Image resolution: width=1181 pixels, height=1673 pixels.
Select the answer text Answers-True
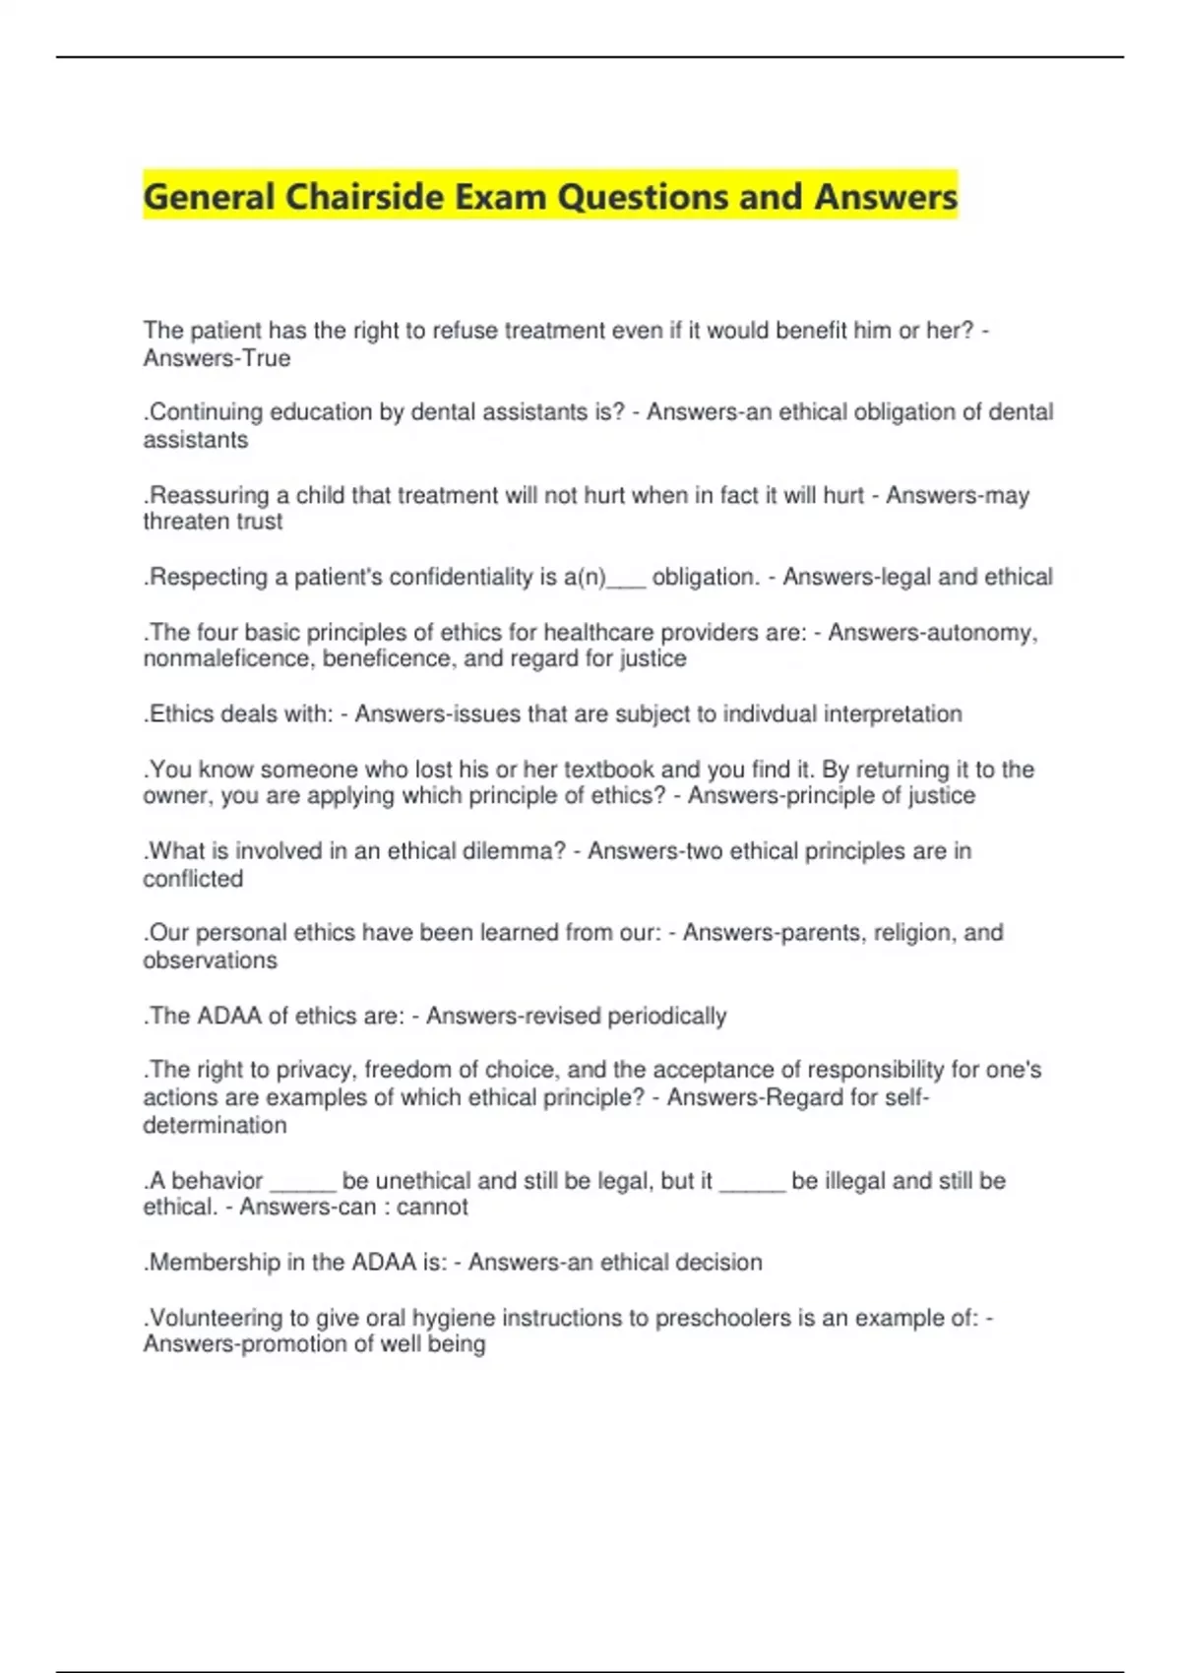(217, 358)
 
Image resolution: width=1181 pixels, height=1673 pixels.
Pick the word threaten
(183, 522)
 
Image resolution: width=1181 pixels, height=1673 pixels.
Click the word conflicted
(193, 879)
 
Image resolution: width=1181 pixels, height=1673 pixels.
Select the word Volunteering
(215, 1318)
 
